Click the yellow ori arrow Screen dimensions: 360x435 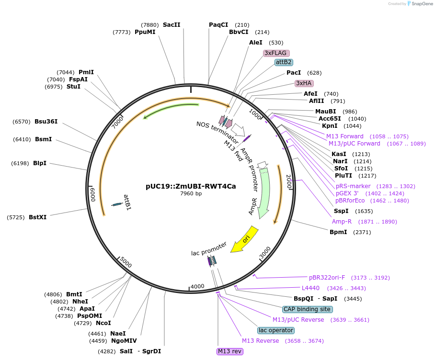tap(245, 239)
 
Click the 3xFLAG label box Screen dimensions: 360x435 tap(276, 53)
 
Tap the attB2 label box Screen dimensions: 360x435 tap(284, 62)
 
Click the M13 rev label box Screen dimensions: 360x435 tap(230, 351)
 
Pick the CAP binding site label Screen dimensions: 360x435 tap(307, 309)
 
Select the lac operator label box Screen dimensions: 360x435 tap(275, 330)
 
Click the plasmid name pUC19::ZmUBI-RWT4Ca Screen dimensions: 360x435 tap(191, 187)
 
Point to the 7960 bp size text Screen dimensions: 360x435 tap(191, 194)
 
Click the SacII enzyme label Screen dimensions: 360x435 tap(172, 25)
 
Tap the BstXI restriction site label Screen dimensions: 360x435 tap(37, 217)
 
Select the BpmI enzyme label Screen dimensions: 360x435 tap(338, 232)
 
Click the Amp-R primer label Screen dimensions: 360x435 tap(342, 222)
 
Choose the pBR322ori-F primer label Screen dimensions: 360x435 tap(327, 278)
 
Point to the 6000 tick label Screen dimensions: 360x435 tap(93, 194)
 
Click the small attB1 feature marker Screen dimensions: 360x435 tap(117, 204)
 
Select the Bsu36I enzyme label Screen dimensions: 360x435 tap(46, 122)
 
